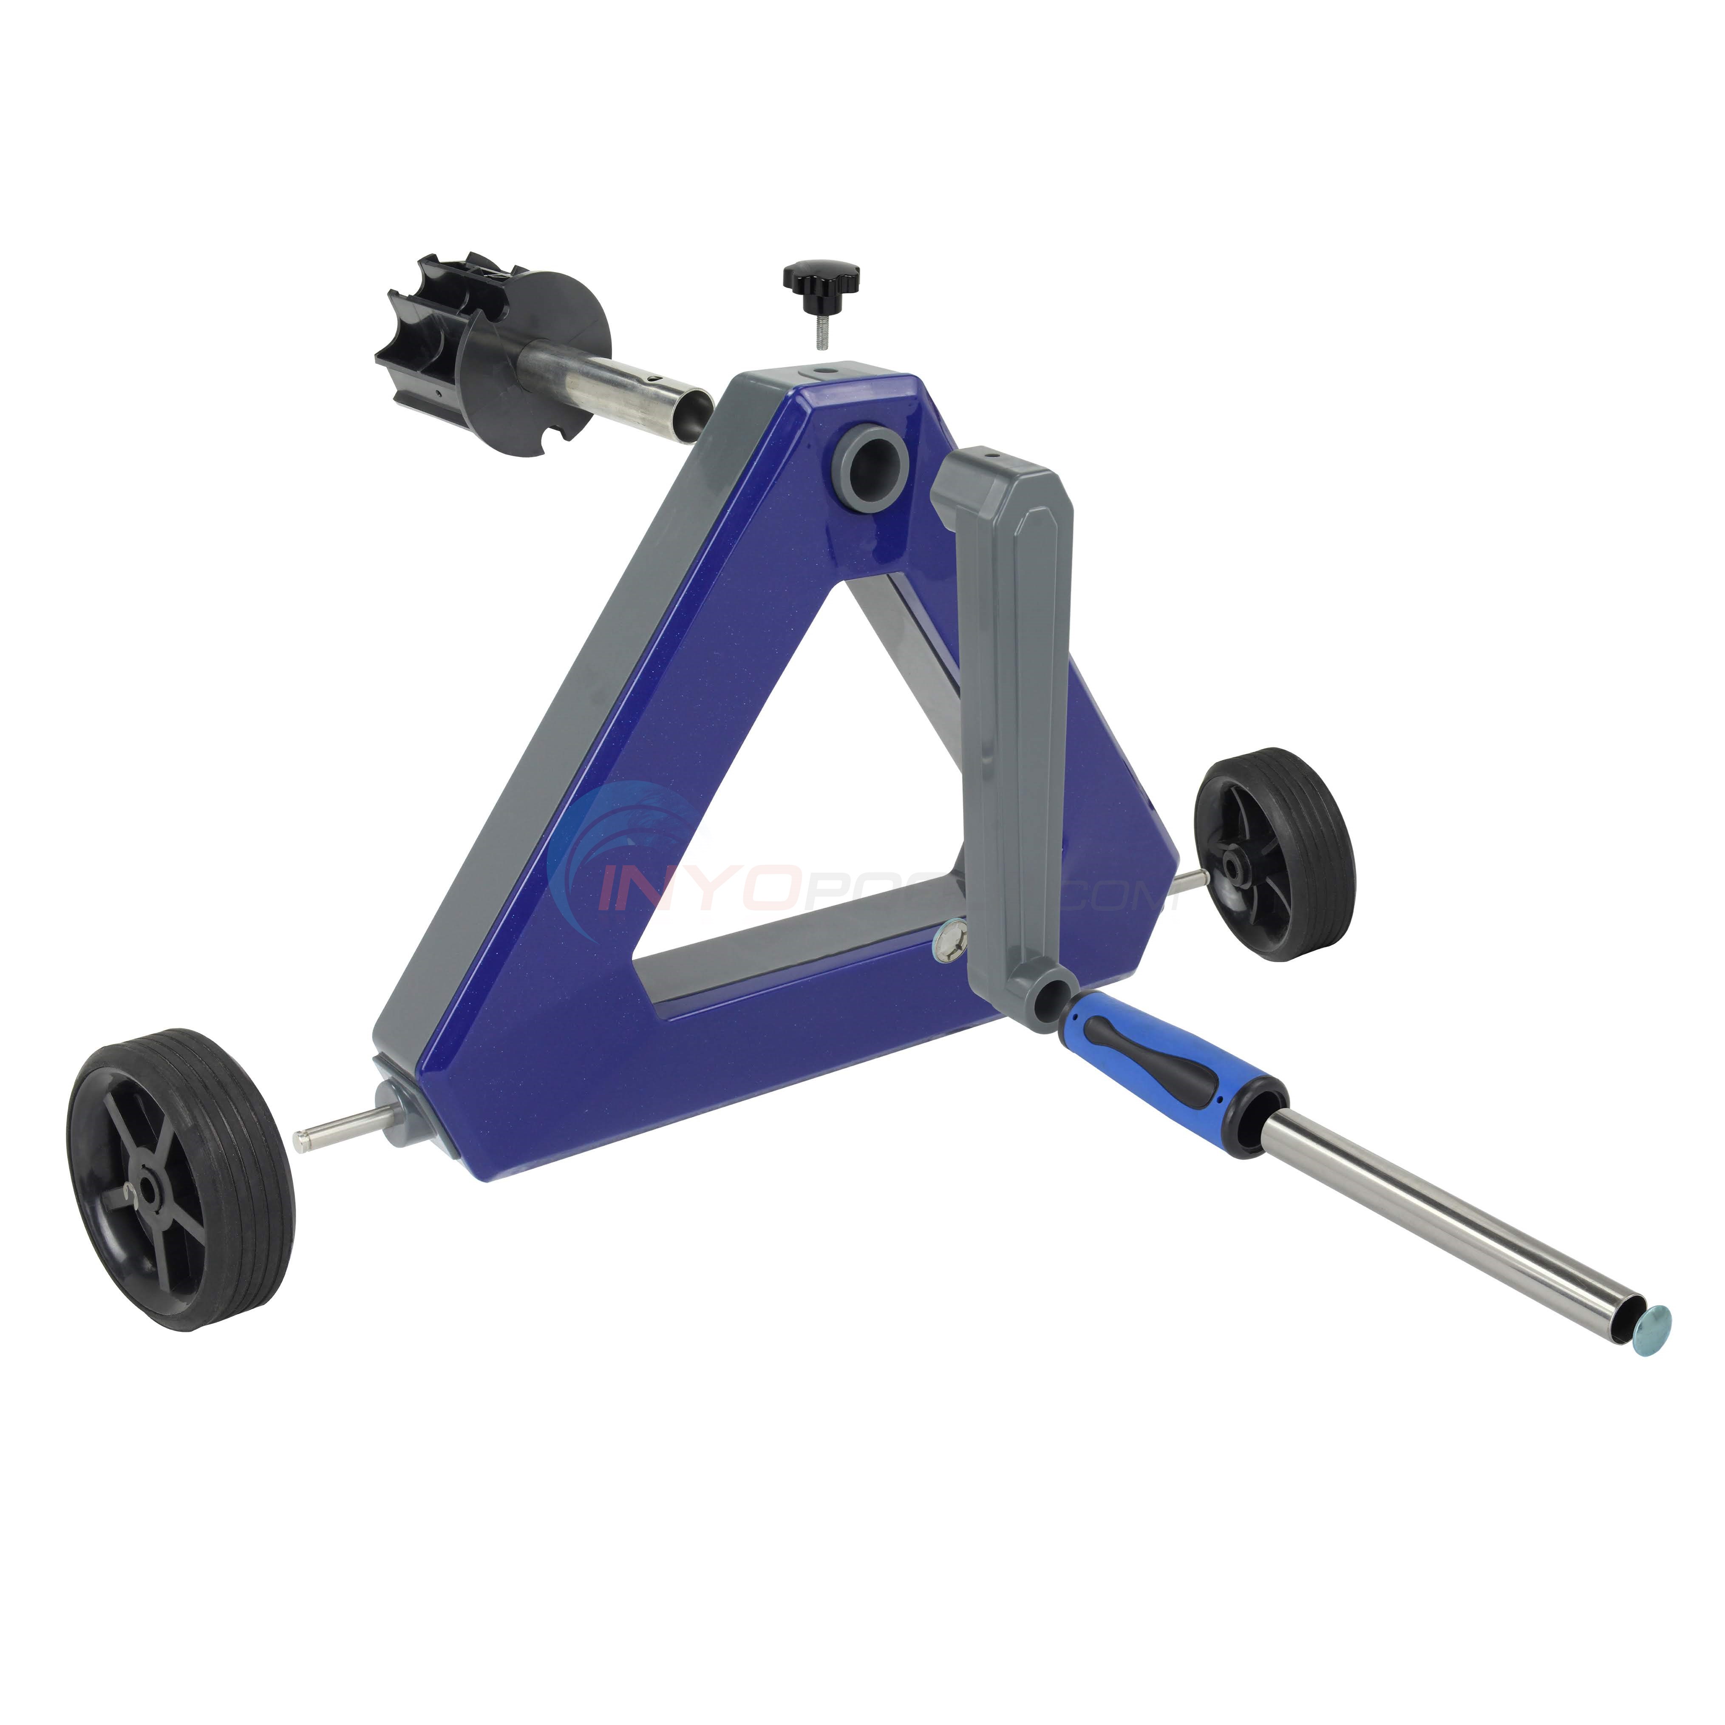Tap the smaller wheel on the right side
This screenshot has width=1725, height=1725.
pos(1275,855)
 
